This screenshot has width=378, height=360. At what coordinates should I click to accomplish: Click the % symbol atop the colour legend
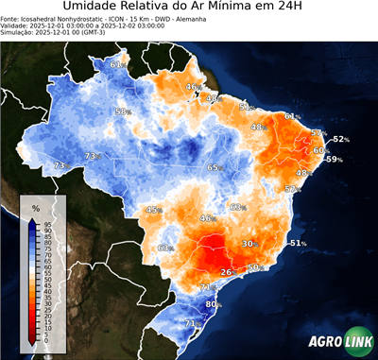36,207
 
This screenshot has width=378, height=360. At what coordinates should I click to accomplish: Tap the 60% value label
321,150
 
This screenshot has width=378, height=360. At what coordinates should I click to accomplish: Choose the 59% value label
334,160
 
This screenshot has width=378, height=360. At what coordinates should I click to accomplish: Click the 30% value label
250,244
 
